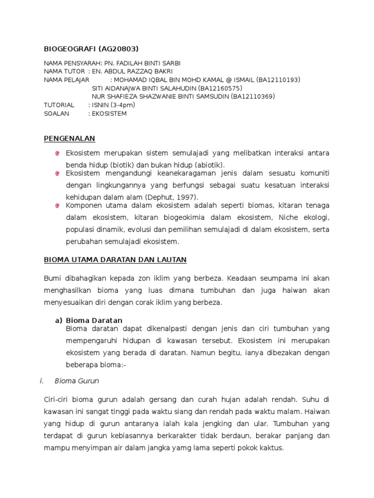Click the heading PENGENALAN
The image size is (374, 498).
point(70,139)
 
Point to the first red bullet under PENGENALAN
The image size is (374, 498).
point(57,153)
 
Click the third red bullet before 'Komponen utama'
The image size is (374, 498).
point(57,206)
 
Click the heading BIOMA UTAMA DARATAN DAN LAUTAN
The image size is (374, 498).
point(115,260)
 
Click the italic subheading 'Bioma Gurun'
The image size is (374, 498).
point(77,381)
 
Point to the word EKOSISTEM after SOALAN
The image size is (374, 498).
point(109,113)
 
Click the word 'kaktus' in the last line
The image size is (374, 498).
point(270,447)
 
